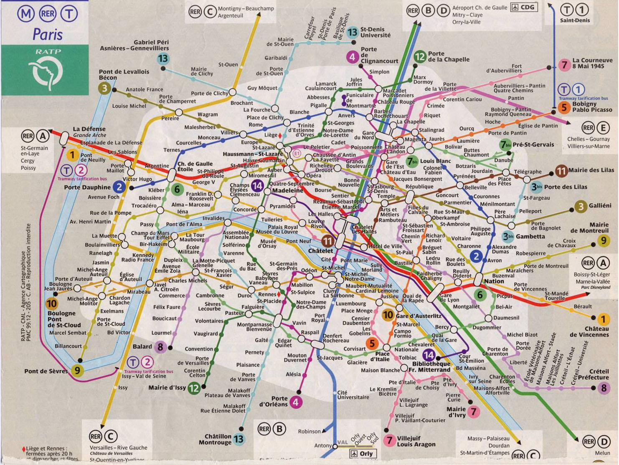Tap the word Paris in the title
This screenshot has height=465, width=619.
(48, 34)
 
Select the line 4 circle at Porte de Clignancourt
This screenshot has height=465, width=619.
(353, 57)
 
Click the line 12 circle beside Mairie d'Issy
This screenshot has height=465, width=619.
(194, 388)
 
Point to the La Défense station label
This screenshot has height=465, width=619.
(89, 129)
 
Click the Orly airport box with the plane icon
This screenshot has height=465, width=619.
(361, 454)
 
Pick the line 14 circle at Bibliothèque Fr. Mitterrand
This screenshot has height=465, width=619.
(429, 356)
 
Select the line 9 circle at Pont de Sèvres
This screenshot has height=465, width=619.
(77, 370)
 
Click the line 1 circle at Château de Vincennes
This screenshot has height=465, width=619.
(602, 320)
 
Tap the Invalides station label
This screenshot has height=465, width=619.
(213, 218)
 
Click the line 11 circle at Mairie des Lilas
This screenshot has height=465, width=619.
(561, 170)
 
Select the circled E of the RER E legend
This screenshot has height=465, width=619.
(603, 127)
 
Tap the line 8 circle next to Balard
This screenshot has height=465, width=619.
(160, 347)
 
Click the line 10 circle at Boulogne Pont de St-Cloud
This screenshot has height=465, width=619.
(52, 303)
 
